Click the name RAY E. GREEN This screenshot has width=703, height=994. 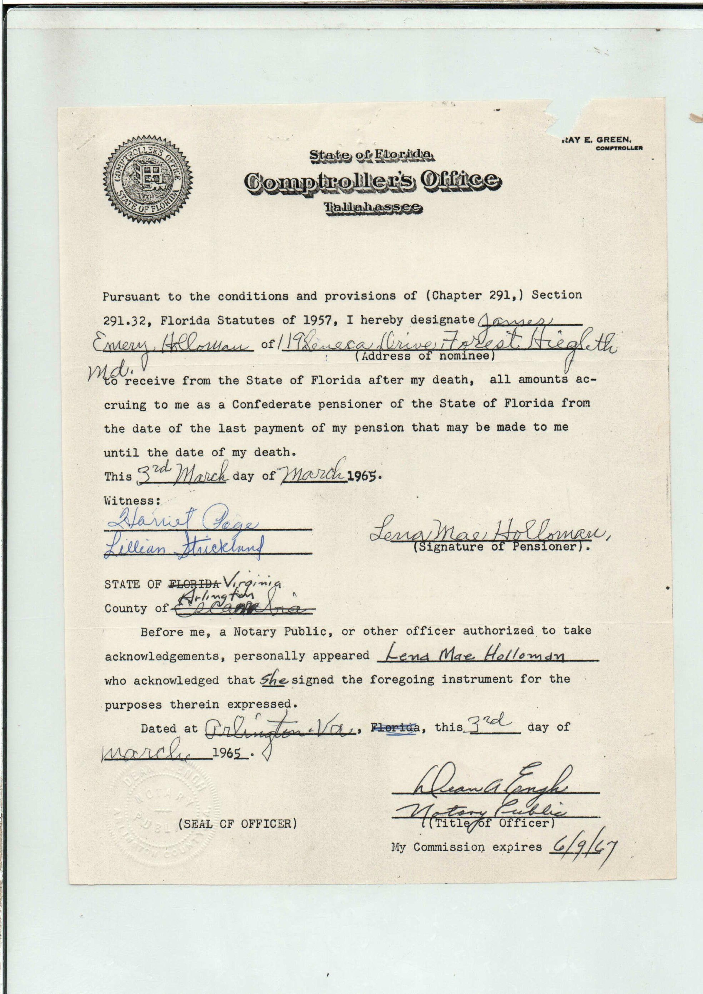click(x=597, y=140)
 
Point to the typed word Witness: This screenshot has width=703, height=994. click(x=132, y=501)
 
